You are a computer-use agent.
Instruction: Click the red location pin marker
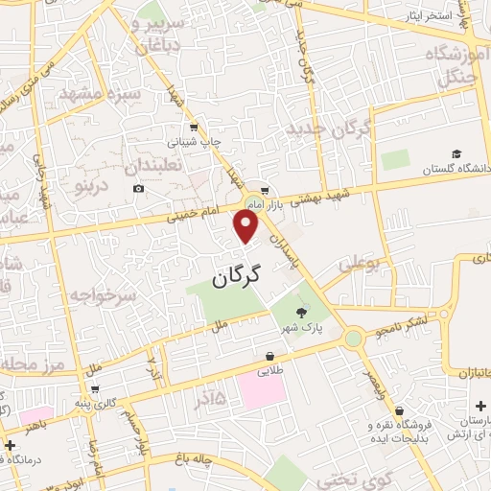246,224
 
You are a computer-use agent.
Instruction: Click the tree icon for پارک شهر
302,312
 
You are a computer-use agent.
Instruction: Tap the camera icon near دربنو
139,188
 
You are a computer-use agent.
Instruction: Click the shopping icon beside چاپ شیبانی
194,127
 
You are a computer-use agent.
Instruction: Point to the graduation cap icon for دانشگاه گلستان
456,154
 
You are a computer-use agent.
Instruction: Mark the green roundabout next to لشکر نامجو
355,339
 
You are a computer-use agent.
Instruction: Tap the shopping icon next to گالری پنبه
95,389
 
